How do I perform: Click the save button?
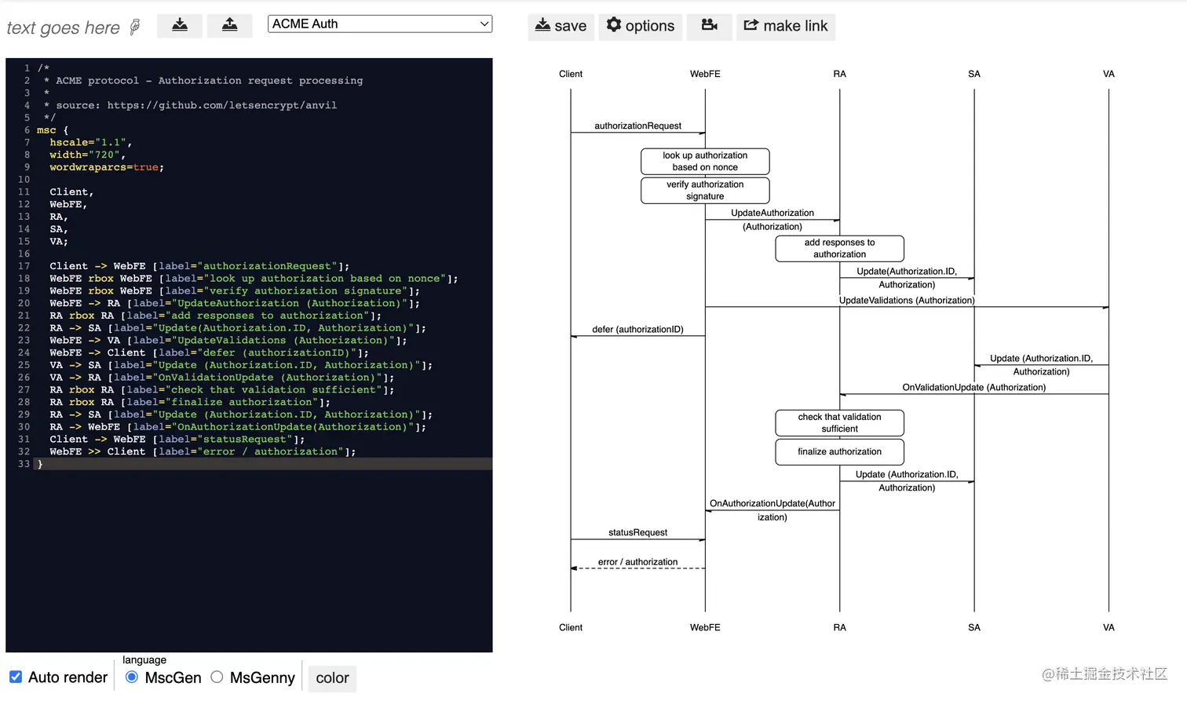pyautogui.click(x=561, y=26)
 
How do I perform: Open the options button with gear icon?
pyautogui.click(x=640, y=26)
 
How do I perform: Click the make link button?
pyautogui.click(x=785, y=26)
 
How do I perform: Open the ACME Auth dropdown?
pyautogui.click(x=380, y=24)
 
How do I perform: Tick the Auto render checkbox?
pyautogui.click(x=16, y=677)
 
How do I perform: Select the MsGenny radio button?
pyautogui.click(x=217, y=677)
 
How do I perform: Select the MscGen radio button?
pyautogui.click(x=132, y=677)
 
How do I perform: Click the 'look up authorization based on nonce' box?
pyautogui.click(x=705, y=161)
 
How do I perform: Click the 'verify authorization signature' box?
pyautogui.click(x=705, y=190)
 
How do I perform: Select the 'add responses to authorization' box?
pyautogui.click(x=839, y=248)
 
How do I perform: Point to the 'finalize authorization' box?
pyautogui.click(x=839, y=451)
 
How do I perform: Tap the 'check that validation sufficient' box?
pyautogui.click(x=839, y=422)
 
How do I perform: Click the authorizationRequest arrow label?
pyautogui.click(x=637, y=126)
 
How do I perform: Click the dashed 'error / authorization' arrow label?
pyautogui.click(x=637, y=562)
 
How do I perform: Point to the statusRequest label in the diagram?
pyautogui.click(x=637, y=532)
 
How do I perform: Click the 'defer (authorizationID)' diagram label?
pyautogui.click(x=637, y=329)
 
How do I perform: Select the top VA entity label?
pyautogui.click(x=1108, y=74)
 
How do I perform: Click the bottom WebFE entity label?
pyautogui.click(x=705, y=627)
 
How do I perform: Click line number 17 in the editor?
pyautogui.click(x=24, y=266)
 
